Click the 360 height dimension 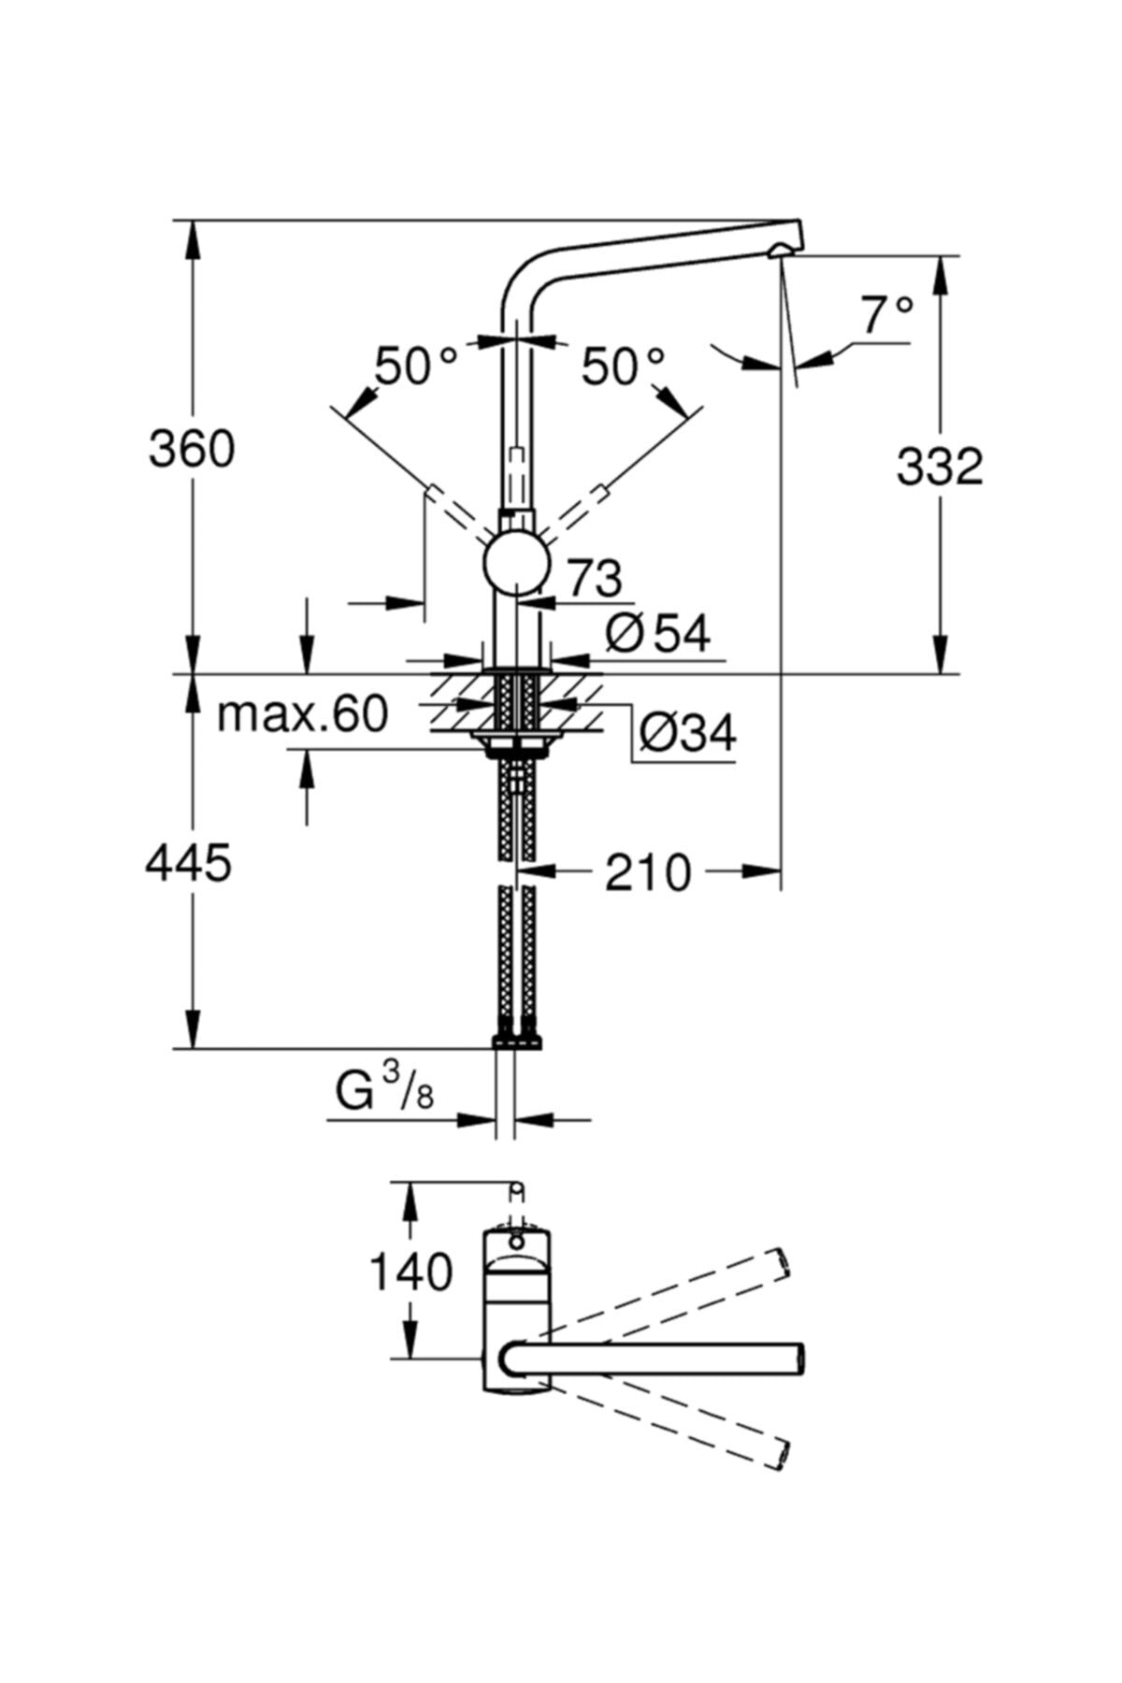pyautogui.click(x=192, y=450)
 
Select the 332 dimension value pyautogui.click(x=940, y=466)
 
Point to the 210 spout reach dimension pyautogui.click(x=648, y=873)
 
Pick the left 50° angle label pyautogui.click(x=416, y=366)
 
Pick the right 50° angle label pyautogui.click(x=623, y=366)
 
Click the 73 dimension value pyautogui.click(x=595, y=579)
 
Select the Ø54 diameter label pyautogui.click(x=658, y=634)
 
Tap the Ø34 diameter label pyautogui.click(x=688, y=732)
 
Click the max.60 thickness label pyautogui.click(x=302, y=715)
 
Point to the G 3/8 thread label pyautogui.click(x=385, y=1089)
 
